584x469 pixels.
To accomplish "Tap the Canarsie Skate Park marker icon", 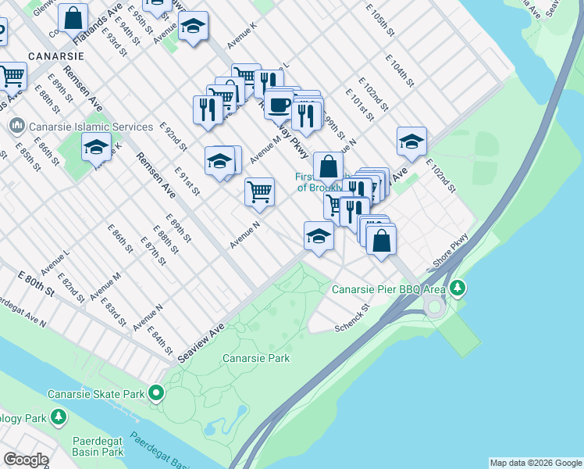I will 157,394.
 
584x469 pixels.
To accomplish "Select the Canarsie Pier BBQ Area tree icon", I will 458,289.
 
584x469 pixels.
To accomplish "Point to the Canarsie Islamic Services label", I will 91,127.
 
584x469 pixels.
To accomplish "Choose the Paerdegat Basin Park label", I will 98,446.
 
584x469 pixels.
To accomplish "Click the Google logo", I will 26,460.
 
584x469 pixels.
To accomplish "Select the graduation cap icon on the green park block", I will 96,147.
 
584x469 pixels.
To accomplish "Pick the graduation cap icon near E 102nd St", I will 411,142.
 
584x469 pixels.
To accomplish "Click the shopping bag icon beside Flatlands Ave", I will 73,16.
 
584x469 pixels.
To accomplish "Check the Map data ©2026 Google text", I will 536,463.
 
